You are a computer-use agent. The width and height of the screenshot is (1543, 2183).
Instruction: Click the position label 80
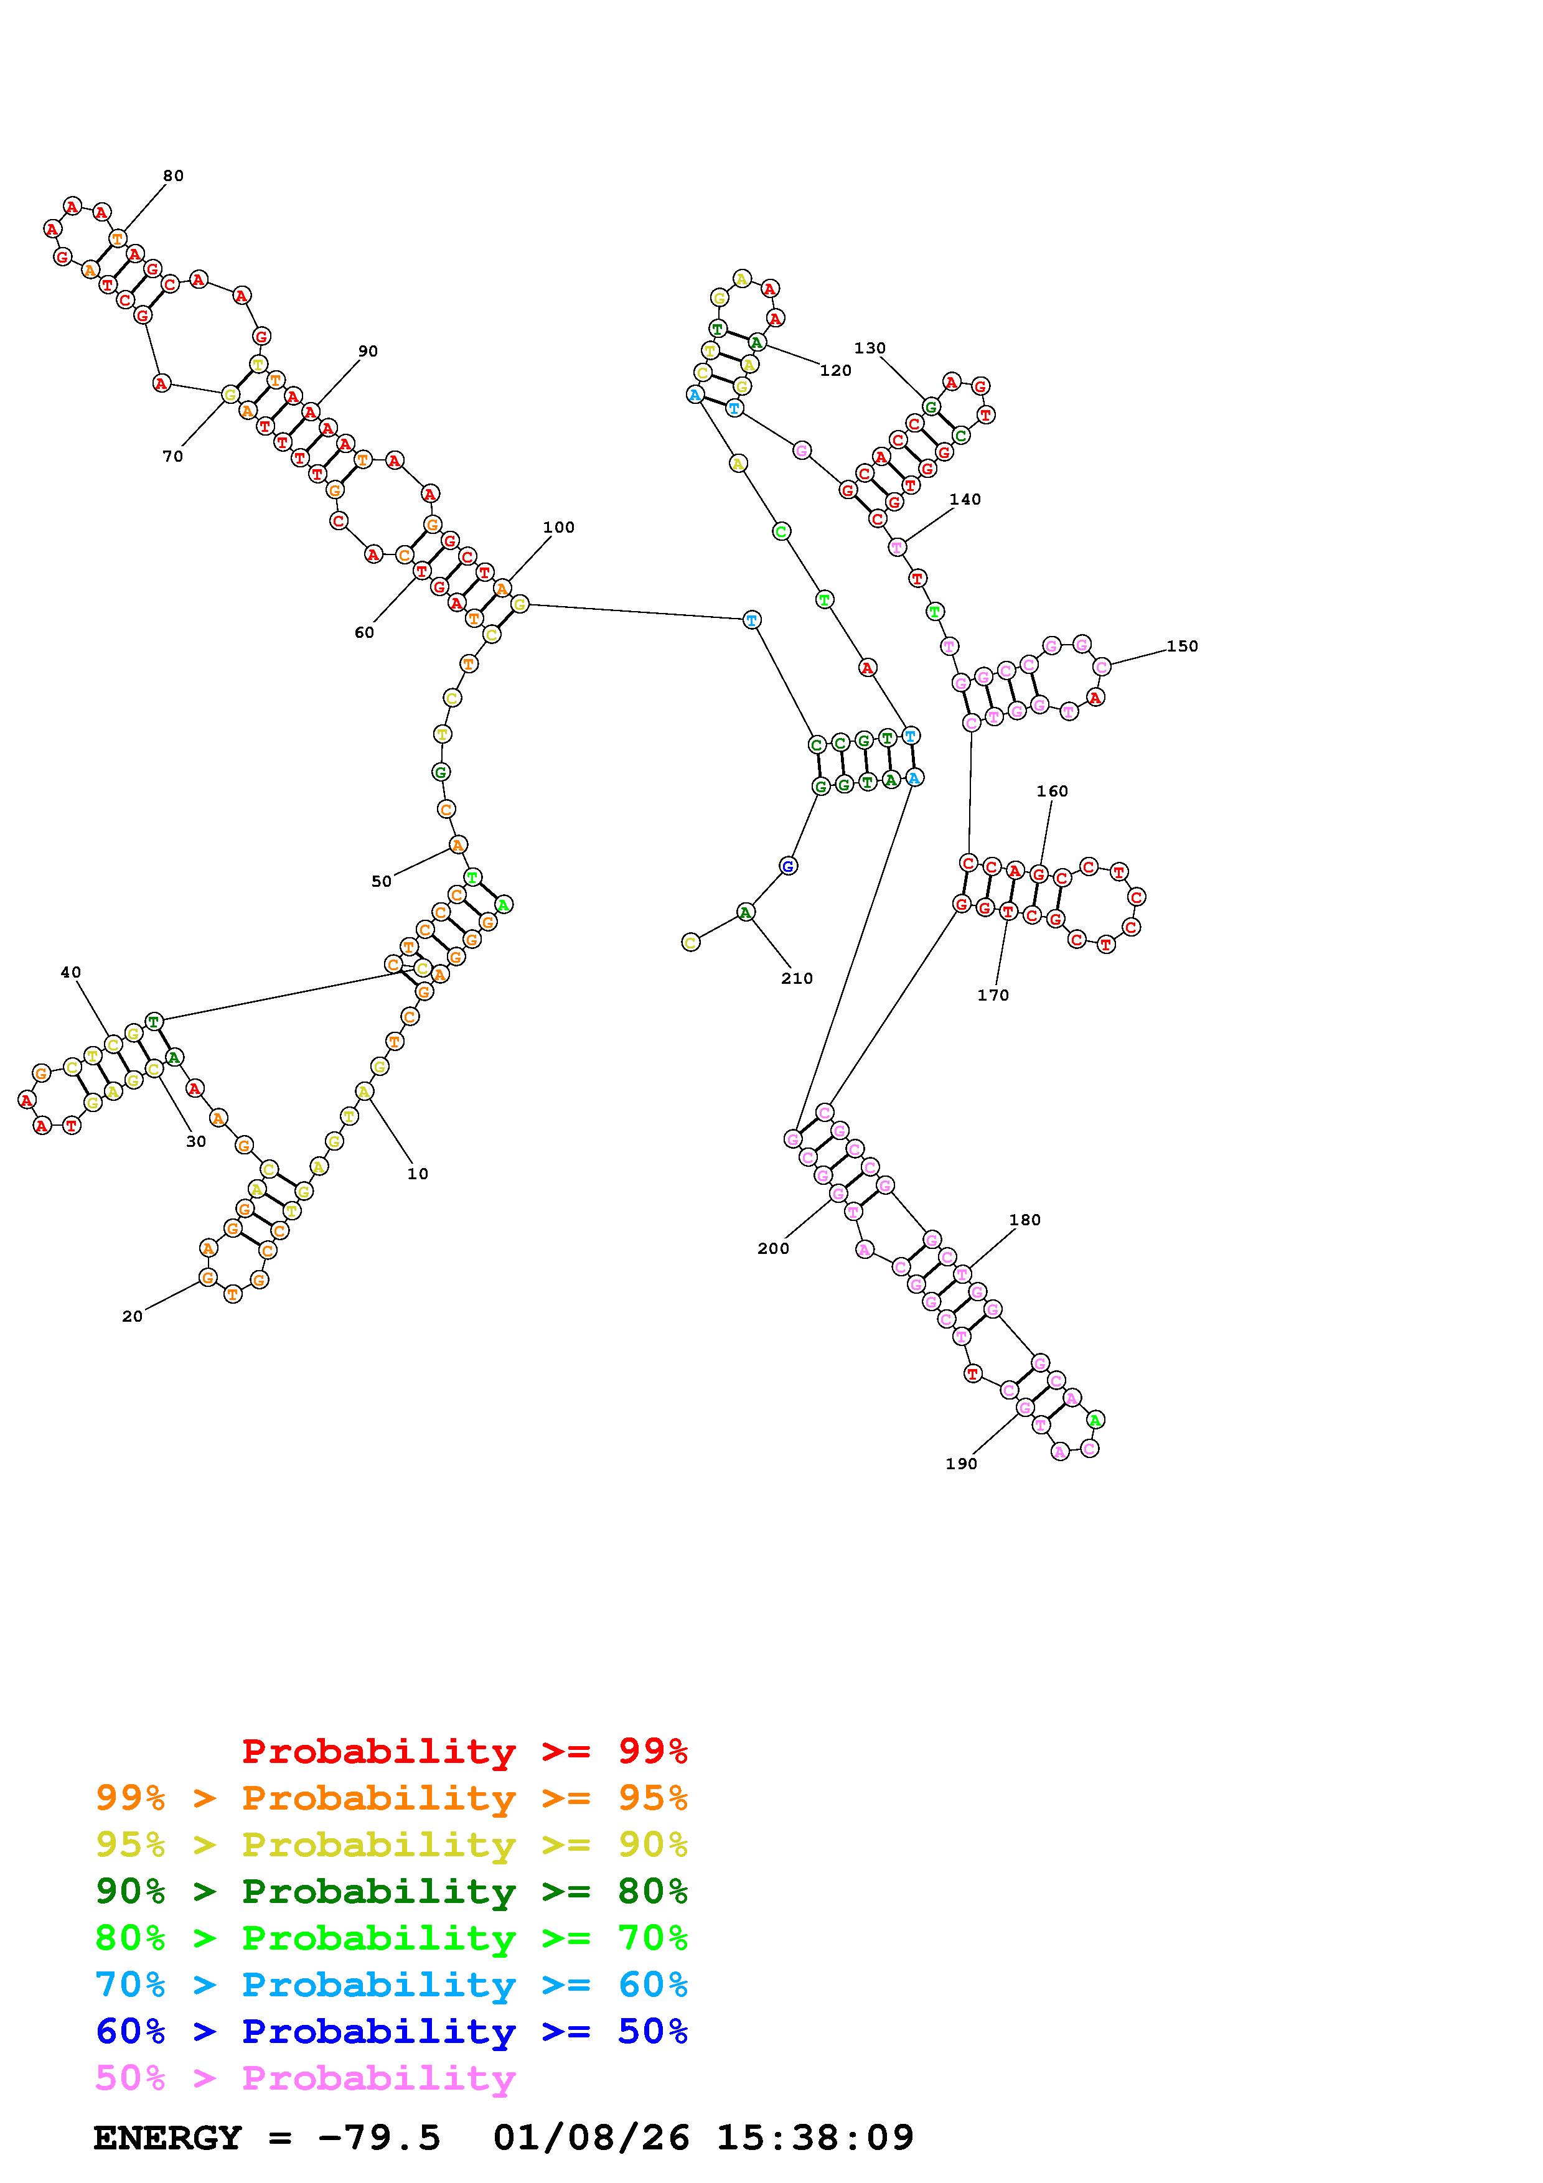click(173, 176)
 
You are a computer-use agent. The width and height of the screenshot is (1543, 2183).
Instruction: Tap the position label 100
click(559, 528)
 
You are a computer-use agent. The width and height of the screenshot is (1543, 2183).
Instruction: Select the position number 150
click(1182, 647)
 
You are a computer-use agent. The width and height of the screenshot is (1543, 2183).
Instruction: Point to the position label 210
click(797, 978)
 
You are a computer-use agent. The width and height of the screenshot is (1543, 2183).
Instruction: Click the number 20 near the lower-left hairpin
click(132, 1317)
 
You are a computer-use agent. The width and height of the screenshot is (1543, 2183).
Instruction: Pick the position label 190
click(961, 1464)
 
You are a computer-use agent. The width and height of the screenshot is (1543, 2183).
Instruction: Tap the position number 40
click(70, 973)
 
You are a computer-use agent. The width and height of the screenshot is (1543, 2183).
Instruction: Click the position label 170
click(993, 996)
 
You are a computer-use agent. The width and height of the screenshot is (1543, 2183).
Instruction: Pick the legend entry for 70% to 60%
click(392, 1985)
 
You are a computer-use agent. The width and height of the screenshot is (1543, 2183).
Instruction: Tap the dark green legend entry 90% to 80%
click(392, 1892)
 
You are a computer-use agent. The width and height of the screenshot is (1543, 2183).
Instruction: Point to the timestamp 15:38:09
click(815, 2138)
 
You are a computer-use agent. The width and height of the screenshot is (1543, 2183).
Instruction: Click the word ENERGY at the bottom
click(167, 2138)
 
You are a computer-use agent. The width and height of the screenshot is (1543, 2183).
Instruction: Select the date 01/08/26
click(591, 2138)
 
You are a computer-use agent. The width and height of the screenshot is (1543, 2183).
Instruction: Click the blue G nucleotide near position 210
click(787, 866)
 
